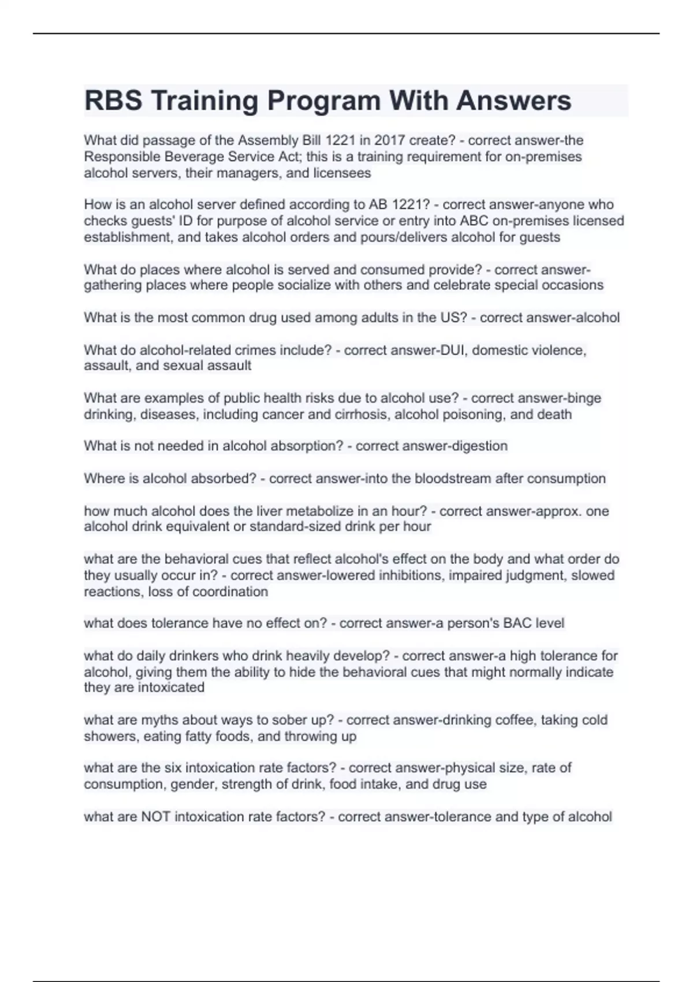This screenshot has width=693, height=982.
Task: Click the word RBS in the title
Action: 113,101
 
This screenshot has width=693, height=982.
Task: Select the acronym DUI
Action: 452,350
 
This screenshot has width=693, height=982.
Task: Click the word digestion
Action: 479,446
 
